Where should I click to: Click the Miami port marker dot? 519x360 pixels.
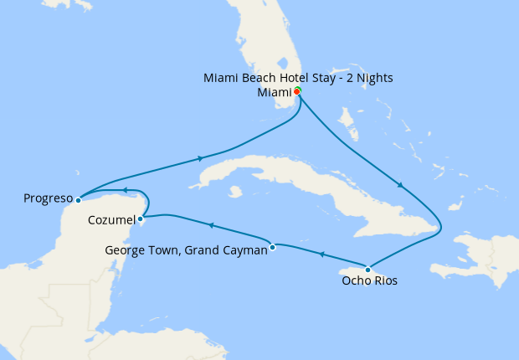[x=297, y=91]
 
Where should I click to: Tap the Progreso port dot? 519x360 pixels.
[x=77, y=199]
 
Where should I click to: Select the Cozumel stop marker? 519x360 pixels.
[x=140, y=219]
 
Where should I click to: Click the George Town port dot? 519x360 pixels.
[x=272, y=247]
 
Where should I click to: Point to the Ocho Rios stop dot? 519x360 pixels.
[x=367, y=269]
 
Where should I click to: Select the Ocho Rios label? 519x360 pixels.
[x=369, y=281]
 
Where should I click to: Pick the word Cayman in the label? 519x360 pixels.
[x=244, y=249]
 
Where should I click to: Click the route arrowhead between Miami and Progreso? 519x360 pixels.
[x=200, y=158]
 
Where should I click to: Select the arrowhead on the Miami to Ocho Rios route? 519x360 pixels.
[x=401, y=186]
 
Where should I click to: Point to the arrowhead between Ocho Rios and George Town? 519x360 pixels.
[x=320, y=255]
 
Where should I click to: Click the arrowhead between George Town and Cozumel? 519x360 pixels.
[x=209, y=225]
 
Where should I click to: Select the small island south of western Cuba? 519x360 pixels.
[x=235, y=192]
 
